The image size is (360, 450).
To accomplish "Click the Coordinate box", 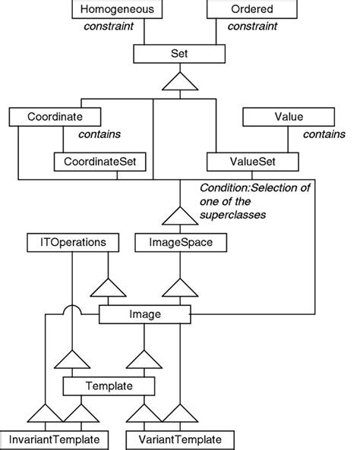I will [55, 117].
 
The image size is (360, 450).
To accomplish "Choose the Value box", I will [289, 117].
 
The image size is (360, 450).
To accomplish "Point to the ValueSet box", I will [245, 162].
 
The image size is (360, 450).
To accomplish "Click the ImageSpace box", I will [180, 243].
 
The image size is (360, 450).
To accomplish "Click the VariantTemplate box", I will [179, 439].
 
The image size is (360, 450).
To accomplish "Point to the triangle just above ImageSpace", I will [180, 217].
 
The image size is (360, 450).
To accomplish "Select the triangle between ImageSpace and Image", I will [180, 291].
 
